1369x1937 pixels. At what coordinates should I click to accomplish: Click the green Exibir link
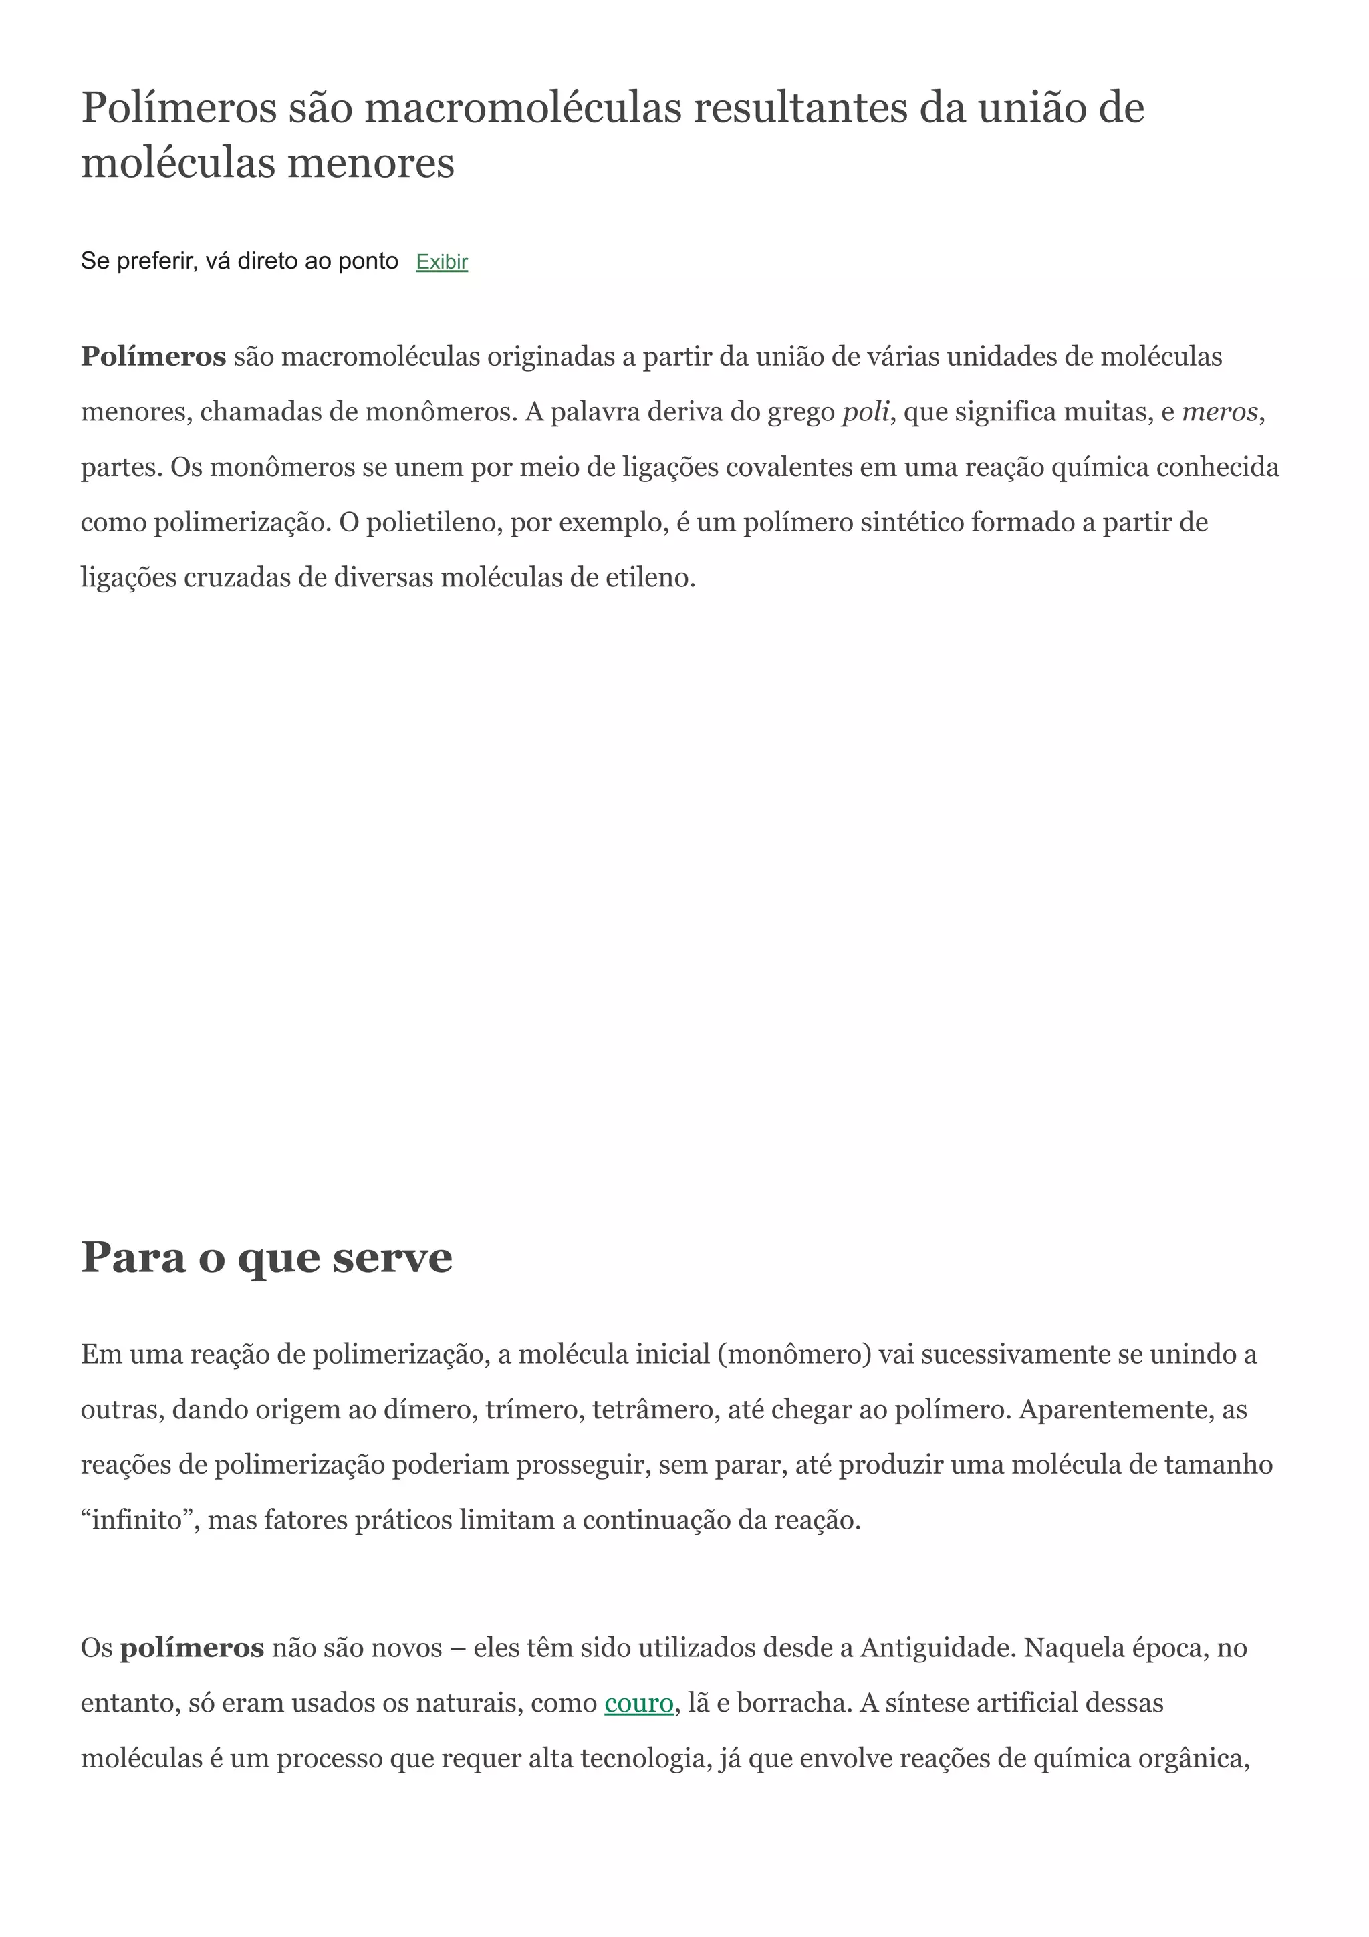(442, 263)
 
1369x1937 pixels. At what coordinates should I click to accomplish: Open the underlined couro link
(638, 1702)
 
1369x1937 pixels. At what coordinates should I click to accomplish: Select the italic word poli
(866, 412)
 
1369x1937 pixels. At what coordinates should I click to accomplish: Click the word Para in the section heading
(132, 1257)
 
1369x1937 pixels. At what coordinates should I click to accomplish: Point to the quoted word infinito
(136, 1519)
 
